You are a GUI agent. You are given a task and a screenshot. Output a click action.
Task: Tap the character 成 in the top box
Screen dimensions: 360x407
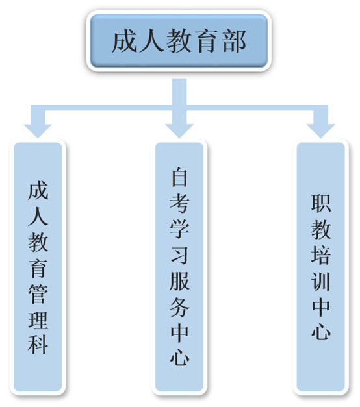(x=125, y=42)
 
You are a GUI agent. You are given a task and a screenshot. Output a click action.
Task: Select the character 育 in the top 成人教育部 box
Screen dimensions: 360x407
(x=207, y=42)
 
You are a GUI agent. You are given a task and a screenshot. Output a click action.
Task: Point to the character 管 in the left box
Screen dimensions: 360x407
(x=38, y=294)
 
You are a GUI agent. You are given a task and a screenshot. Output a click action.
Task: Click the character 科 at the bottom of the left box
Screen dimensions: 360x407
(x=38, y=345)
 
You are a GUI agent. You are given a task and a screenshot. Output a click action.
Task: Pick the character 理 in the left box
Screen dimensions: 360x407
(x=38, y=319)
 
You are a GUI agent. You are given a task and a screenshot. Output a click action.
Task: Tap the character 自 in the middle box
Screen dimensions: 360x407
(x=179, y=177)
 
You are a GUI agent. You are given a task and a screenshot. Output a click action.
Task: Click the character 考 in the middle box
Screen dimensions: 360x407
(x=179, y=203)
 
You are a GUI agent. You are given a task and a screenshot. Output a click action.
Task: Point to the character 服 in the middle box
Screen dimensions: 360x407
(x=179, y=280)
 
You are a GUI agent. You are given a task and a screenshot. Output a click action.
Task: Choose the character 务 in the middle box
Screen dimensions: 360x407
(x=179, y=306)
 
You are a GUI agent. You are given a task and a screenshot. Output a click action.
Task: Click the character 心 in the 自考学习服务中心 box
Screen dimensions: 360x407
(x=179, y=358)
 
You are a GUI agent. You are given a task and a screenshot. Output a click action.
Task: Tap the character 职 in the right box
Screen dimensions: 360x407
(x=321, y=203)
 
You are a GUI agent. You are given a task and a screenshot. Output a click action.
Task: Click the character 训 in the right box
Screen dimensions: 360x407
(x=321, y=280)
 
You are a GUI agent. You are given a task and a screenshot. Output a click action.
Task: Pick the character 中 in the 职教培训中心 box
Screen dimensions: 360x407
(x=321, y=306)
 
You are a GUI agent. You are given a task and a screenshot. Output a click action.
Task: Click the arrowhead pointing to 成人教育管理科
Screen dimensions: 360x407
(x=38, y=130)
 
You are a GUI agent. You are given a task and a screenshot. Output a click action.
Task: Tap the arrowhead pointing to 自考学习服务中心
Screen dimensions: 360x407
(x=179, y=130)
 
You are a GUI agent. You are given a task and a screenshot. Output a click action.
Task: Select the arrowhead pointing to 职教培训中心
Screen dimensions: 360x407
(x=321, y=130)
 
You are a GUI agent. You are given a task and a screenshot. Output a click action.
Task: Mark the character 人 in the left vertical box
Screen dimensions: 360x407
(x=38, y=216)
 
